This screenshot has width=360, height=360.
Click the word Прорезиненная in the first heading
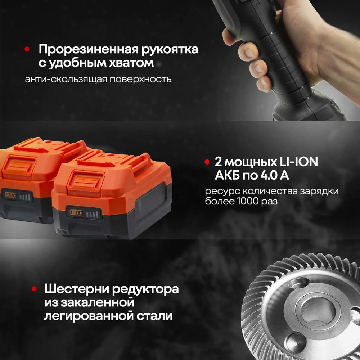(89, 50)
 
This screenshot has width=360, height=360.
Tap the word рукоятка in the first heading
(170, 50)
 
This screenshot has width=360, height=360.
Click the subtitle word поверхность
(140, 79)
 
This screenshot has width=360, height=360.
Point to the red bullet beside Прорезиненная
(27, 49)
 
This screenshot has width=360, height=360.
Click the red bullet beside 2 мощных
(207, 162)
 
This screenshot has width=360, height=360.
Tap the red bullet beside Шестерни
(34, 289)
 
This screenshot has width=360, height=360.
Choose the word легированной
(89, 316)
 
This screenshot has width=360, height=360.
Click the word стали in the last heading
(154, 316)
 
